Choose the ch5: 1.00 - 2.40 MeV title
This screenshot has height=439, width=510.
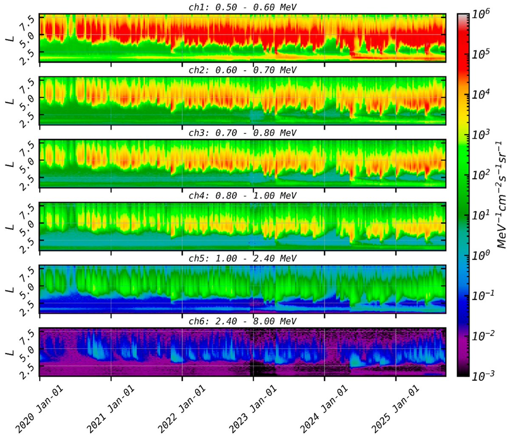tap(243, 258)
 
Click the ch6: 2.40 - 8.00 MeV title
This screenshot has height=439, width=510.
tap(243, 321)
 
